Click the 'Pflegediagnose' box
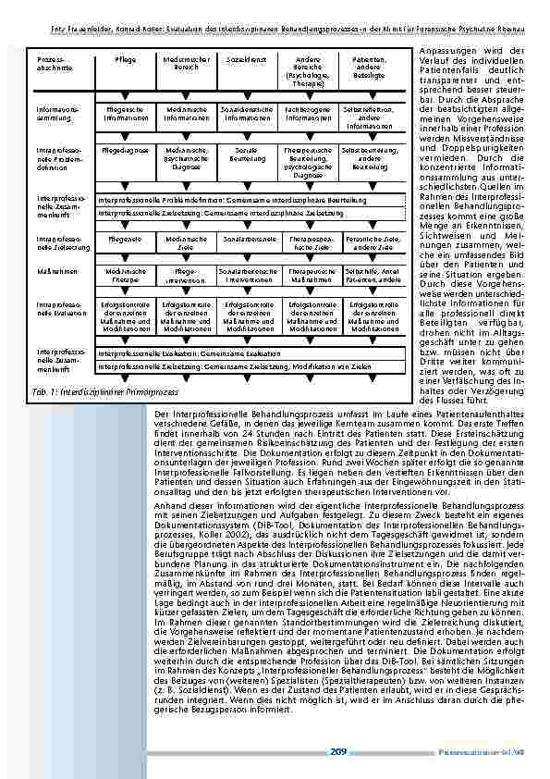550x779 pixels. tap(125, 149)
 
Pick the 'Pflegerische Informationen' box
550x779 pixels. tap(125, 115)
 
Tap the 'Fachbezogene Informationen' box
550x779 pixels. tap(308, 115)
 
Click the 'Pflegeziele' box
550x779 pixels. tap(125, 239)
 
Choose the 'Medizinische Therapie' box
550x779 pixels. tap(125, 274)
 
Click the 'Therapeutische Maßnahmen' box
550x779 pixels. tap(308, 274)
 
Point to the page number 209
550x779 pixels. tap(337, 753)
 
